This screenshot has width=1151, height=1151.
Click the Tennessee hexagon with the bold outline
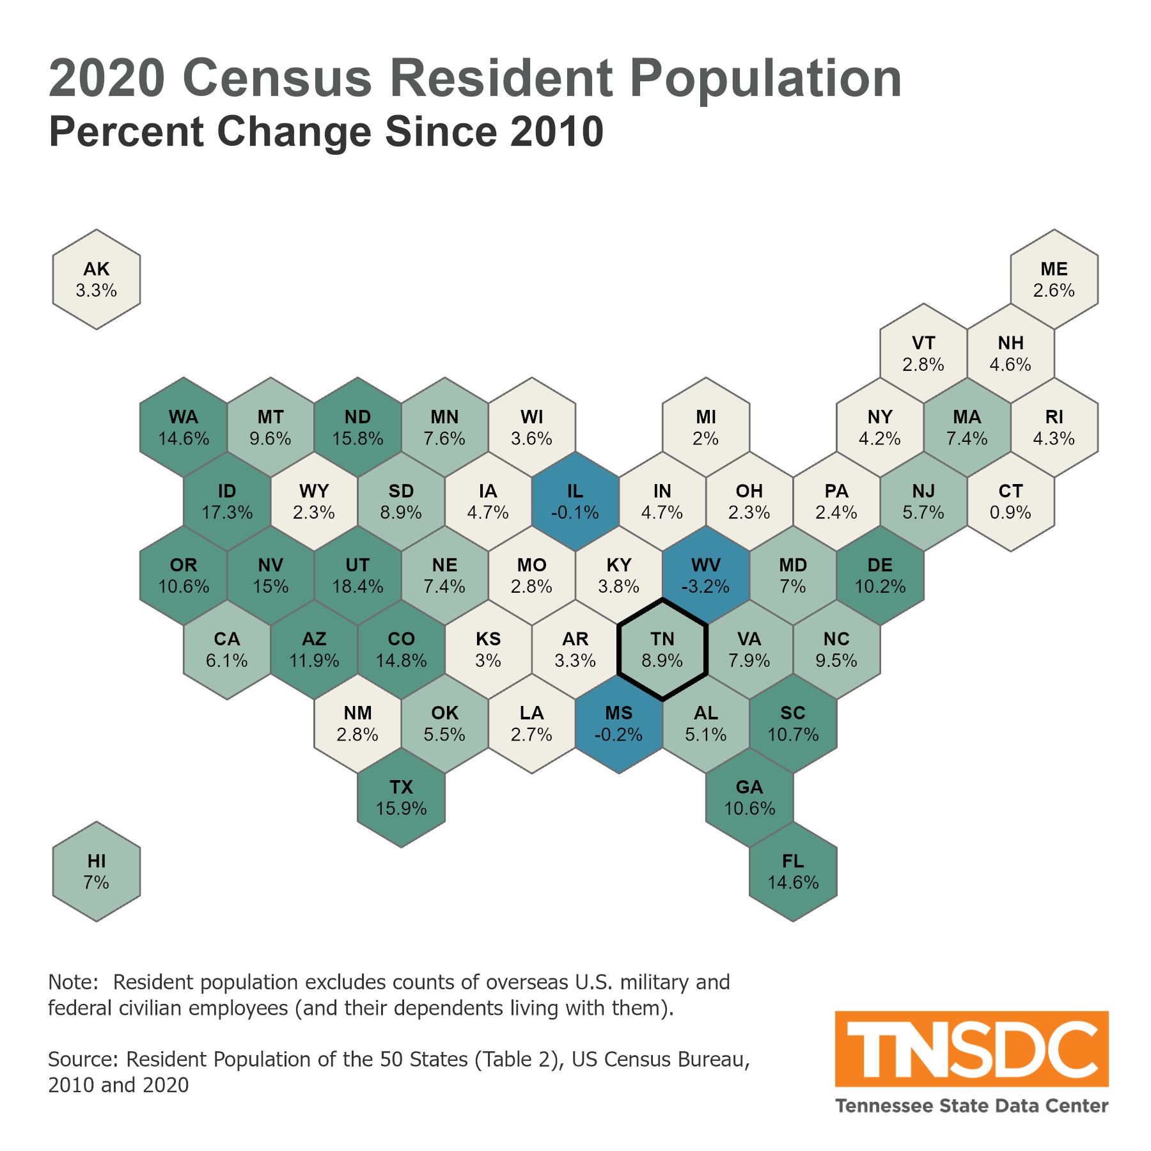pos(662,650)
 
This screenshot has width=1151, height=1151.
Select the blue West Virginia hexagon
pos(706,575)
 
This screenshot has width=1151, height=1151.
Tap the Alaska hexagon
pos(97,279)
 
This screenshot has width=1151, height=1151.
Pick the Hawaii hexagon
pos(97,872)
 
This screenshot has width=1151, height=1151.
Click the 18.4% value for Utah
pos(357,587)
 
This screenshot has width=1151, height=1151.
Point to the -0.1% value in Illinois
pos(575,513)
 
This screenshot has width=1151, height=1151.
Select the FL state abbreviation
pos(793,861)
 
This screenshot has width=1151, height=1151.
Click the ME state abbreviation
pos(1054,269)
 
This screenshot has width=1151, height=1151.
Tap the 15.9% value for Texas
pos(401,809)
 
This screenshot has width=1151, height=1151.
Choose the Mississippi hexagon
pos(619,724)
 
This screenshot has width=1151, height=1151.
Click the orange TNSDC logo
pos(971,1049)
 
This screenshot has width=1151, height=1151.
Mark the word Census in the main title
pos(276,78)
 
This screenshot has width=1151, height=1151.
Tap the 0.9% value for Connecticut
pos(1010,513)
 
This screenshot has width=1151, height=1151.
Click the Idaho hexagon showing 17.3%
pos(227,502)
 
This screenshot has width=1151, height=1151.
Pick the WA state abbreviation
pos(184,418)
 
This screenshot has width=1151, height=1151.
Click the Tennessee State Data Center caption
pos(971,1106)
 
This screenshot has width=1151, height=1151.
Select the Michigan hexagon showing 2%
pos(706,428)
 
